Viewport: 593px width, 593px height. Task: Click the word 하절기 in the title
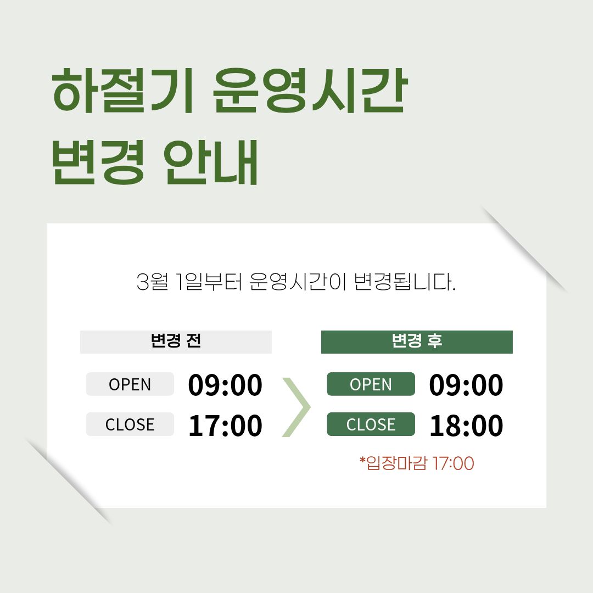coord(123,91)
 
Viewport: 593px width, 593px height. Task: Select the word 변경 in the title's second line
coord(98,162)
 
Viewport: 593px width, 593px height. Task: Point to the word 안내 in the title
coord(211,162)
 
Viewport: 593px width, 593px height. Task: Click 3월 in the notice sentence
coord(152,282)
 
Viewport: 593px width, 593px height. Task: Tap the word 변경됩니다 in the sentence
coord(405,282)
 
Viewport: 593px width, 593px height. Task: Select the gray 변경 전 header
coord(176,342)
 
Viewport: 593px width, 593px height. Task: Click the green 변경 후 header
coord(417,342)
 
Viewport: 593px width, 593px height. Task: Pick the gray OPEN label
coord(130,384)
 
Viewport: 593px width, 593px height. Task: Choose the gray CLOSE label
coord(130,424)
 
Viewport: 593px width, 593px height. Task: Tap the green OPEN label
coord(371,384)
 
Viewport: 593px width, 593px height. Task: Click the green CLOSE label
coord(371,424)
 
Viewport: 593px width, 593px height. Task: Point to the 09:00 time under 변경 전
coord(225,385)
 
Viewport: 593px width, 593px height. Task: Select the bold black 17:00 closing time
coord(225,425)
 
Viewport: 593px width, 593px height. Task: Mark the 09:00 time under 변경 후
coord(466,385)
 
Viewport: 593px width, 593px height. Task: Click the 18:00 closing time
coord(466,425)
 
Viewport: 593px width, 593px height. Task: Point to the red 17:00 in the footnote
coord(453,463)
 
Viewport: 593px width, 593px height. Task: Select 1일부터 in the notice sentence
coord(209,282)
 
